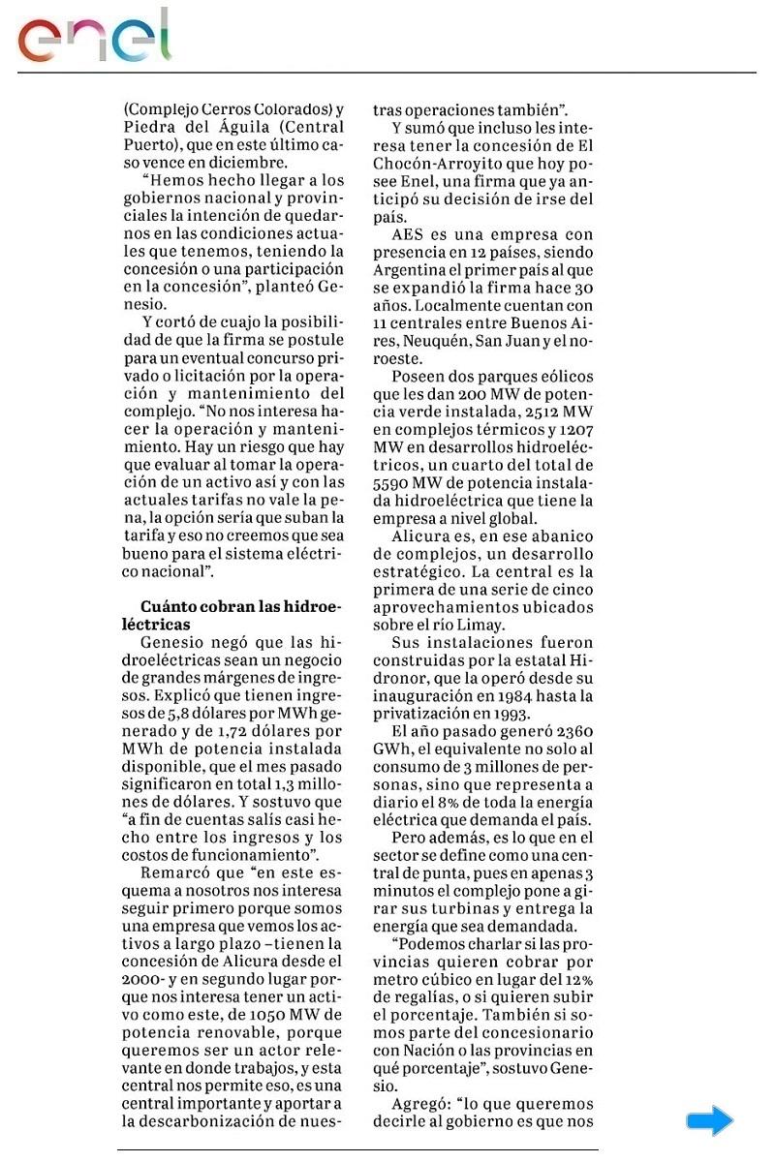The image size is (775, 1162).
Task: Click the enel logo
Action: coord(94,37)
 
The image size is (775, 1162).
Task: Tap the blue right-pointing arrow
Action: coord(709,1121)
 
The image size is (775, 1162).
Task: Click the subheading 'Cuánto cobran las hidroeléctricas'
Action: coord(241,616)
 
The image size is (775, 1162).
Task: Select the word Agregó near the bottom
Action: coord(421,1104)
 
